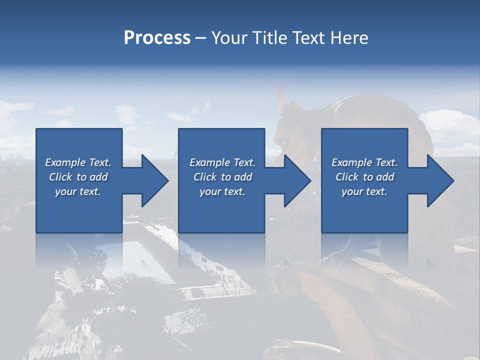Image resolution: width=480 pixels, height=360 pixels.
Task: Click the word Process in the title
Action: click(x=157, y=38)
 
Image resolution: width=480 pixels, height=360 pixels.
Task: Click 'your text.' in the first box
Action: click(x=78, y=191)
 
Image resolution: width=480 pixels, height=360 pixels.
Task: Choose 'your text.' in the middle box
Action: click(x=222, y=191)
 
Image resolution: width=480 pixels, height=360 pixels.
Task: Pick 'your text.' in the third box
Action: click(x=364, y=191)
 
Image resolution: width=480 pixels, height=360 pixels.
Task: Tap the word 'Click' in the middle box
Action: click(x=205, y=177)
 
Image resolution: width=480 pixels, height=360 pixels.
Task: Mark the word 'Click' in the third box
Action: click(x=347, y=177)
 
